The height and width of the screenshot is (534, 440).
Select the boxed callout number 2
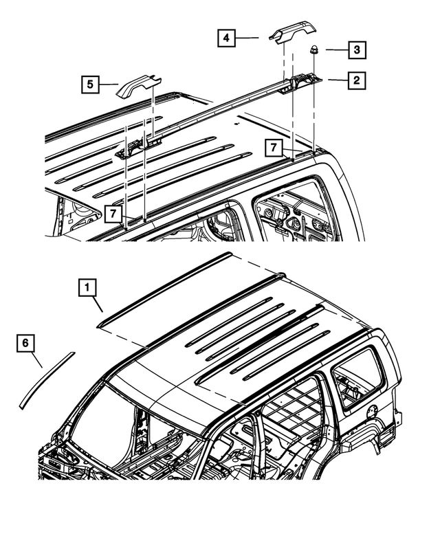[355, 81]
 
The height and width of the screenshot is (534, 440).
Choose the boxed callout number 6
[25, 342]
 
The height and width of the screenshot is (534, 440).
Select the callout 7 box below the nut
[274, 148]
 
